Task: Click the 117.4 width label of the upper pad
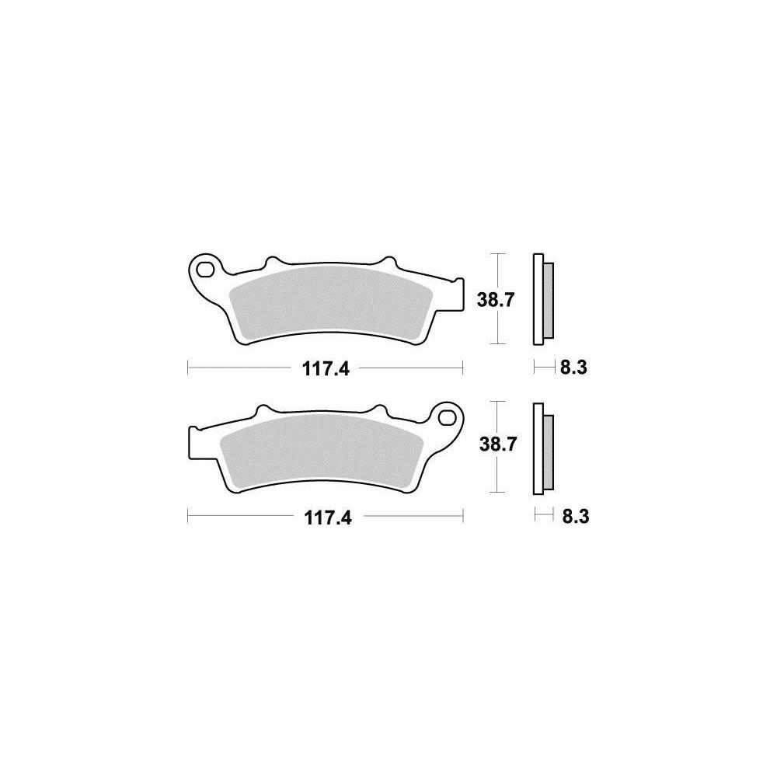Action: [326, 368]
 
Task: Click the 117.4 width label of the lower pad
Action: [328, 517]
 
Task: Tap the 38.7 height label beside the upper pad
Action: [496, 300]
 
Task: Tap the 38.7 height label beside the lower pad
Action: [498, 444]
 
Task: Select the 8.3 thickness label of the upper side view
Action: [573, 368]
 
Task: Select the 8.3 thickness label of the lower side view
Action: [576, 517]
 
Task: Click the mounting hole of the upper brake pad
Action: [204, 269]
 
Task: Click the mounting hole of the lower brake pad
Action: [448, 416]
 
